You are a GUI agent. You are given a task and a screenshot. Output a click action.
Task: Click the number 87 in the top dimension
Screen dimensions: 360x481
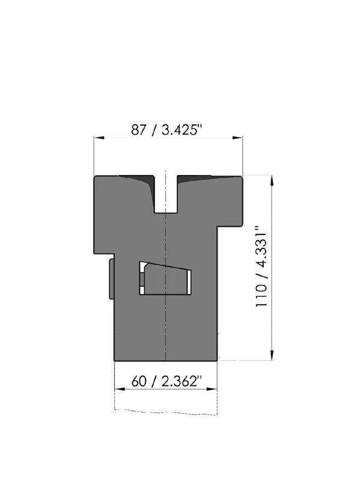pos(139,130)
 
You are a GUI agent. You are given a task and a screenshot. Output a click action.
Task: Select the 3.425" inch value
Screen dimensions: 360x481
pos(182,129)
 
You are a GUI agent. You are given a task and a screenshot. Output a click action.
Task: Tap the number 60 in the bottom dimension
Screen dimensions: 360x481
pos(139,381)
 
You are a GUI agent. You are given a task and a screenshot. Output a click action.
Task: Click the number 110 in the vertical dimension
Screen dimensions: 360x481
pos(261,295)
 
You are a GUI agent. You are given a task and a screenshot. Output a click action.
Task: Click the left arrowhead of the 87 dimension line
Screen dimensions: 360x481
pos(99,138)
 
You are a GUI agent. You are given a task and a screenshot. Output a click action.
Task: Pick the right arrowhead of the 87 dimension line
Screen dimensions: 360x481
pos(237,138)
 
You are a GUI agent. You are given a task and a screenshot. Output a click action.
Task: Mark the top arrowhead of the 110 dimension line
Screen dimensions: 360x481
pos(272,181)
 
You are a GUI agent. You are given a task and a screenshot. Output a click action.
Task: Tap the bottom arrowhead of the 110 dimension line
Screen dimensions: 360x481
pos(272,355)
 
